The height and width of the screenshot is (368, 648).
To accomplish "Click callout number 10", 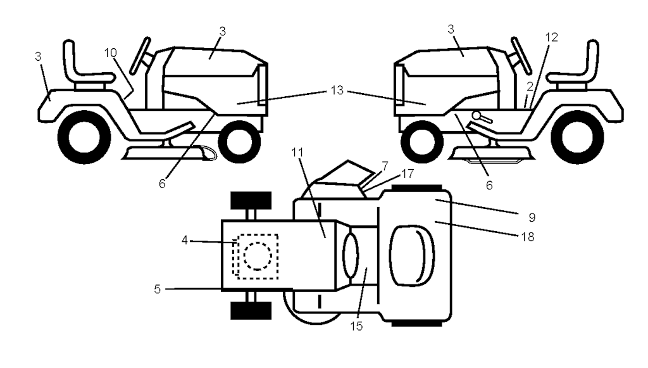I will click(x=111, y=53).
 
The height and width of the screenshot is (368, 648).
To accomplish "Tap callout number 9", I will click(x=532, y=217).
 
